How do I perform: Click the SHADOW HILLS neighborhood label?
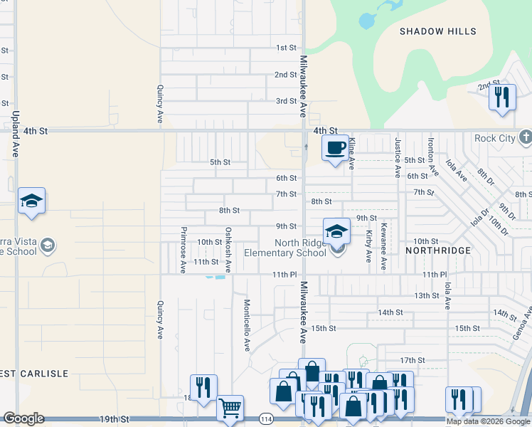437,31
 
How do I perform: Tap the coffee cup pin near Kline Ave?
335,148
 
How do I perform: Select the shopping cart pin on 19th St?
230,408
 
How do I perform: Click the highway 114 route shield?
266,418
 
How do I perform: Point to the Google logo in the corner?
23,418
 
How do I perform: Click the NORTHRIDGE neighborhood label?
438,251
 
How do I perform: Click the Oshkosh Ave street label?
228,250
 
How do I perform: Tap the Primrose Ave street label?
183,250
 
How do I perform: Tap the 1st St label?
286,48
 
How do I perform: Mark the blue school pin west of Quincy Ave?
31,201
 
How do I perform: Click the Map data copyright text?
488,421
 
